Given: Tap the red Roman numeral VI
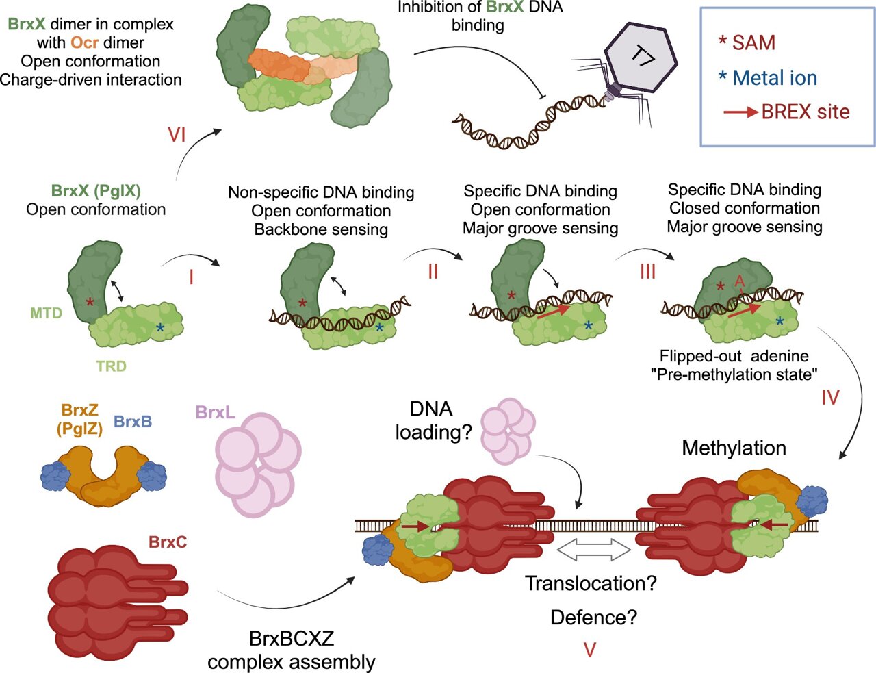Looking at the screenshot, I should [x=177, y=134].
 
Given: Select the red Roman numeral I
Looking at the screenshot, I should [x=191, y=277].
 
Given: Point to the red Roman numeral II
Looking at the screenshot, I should [x=433, y=272].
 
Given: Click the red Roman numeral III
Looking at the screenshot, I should [x=647, y=272].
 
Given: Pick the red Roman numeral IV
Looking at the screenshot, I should [x=829, y=397].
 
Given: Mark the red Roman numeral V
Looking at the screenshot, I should [x=590, y=649].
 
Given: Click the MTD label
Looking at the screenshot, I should [x=46, y=314].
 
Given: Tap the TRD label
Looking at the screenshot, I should [x=111, y=366].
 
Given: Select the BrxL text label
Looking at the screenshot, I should [x=216, y=412].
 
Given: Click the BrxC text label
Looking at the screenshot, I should [x=168, y=542].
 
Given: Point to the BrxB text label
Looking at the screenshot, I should [x=133, y=422].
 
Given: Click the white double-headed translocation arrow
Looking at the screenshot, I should [x=593, y=548].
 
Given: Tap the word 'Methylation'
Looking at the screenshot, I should [x=734, y=448].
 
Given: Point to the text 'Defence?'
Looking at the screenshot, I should [x=593, y=618].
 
